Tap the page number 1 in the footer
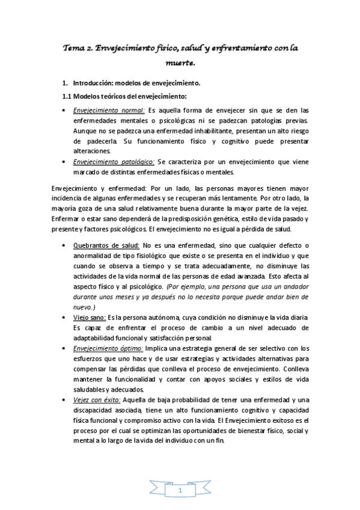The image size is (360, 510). [180, 492]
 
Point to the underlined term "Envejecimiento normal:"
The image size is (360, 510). [109, 110]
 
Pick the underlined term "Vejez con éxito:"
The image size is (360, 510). [97, 400]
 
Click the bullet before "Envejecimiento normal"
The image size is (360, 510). [65, 111]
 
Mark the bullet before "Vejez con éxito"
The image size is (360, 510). [65, 401]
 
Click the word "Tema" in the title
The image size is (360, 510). [76, 48]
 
